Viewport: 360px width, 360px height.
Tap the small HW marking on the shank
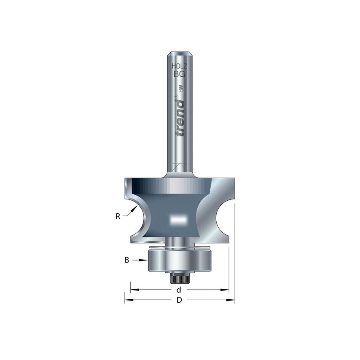coord(181,89)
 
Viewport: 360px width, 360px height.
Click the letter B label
coord(126,261)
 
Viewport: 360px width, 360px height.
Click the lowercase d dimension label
coord(179,290)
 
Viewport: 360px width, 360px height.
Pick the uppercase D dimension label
coord(179,300)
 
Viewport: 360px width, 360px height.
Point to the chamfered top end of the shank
coord(180,54)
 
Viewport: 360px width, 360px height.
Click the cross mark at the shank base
coord(180,167)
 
